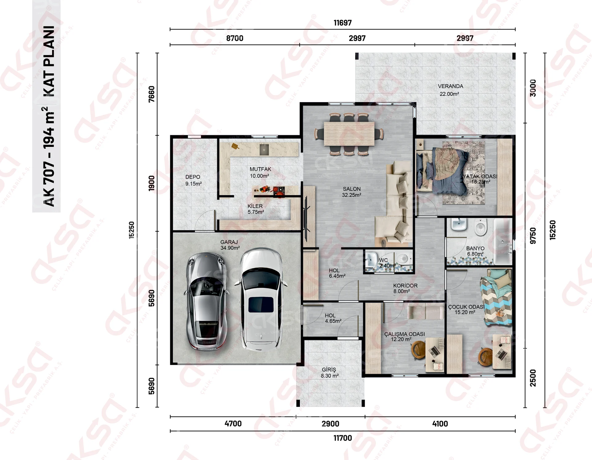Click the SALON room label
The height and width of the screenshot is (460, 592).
[351, 189]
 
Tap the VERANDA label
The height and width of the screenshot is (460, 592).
[450, 86]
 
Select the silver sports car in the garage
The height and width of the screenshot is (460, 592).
[206, 301]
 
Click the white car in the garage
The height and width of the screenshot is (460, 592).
[261, 299]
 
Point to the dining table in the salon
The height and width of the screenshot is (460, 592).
[349, 134]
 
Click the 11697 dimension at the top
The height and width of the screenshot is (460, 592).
[343, 23]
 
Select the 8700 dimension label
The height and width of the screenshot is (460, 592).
[235, 38]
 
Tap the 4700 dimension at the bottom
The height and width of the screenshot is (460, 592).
[233, 424]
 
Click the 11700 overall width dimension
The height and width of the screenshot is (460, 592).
[343, 438]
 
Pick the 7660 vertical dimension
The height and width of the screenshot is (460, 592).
[151, 94]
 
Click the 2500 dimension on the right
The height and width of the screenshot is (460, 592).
[533, 378]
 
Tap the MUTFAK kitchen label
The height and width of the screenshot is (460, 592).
[260, 169]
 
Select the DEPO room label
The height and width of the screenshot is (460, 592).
[193, 177]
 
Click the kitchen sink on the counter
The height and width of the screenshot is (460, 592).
[264, 150]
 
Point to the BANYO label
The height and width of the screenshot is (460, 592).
[475, 248]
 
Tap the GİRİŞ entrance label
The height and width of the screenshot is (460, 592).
[329, 370]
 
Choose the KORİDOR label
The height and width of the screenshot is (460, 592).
[405, 286]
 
